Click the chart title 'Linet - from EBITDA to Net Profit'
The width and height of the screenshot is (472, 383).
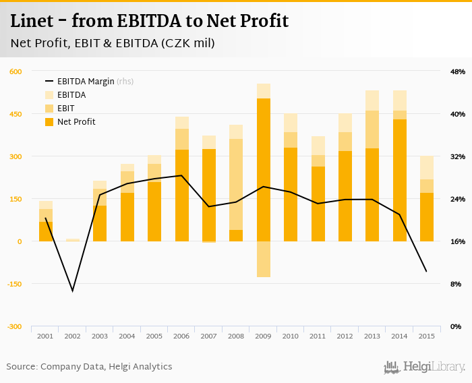coord(149,22)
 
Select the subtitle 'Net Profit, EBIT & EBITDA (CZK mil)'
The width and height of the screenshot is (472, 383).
coord(113,43)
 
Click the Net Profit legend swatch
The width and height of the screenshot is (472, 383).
coord(49,122)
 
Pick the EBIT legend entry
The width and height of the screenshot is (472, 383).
coord(65,109)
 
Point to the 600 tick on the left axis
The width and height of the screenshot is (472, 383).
coord(16,71)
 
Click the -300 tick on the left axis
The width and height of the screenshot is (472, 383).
coord(15,326)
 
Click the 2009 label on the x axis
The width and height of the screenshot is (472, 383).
coord(263,336)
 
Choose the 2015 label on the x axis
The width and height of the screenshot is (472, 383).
coord(426,336)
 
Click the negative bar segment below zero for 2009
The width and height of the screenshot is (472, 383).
coord(263,259)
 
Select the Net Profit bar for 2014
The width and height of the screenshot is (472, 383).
coord(399,180)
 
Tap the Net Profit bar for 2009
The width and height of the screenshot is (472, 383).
coord(263,170)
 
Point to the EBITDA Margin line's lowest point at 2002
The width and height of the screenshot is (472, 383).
coord(72,291)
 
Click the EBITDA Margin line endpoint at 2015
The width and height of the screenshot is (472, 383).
coord(426,272)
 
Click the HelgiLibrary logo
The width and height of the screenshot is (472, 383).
coord(425,367)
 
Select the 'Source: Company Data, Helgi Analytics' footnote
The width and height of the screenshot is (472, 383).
coord(89,367)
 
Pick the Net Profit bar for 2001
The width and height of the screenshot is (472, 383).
coord(45,231)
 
